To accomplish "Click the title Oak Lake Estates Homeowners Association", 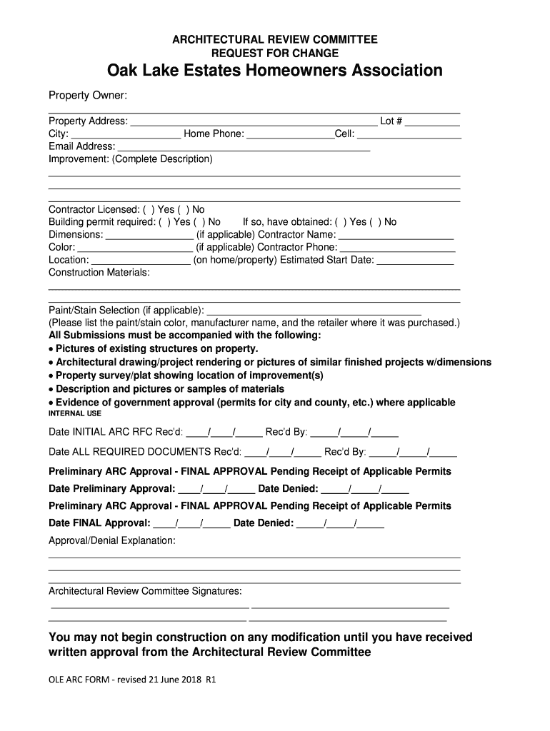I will pyautogui.click(x=274, y=71).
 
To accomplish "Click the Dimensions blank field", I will pyautogui.click(x=149, y=236).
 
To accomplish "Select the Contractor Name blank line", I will pyautogui.click(x=396, y=236).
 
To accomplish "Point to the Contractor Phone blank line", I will pyautogui.click(x=397, y=248).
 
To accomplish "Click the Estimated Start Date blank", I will pyautogui.click(x=415, y=261).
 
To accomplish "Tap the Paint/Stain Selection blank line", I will pyautogui.click(x=314, y=311).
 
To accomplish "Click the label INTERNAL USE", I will pyautogui.click(x=75, y=413).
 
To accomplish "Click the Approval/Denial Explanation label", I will pyautogui.click(x=111, y=541).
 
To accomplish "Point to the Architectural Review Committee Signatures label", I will pyautogui.click(x=145, y=592).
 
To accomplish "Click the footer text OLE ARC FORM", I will pyautogui.click(x=131, y=680).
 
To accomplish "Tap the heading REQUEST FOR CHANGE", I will pyautogui.click(x=275, y=54).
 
